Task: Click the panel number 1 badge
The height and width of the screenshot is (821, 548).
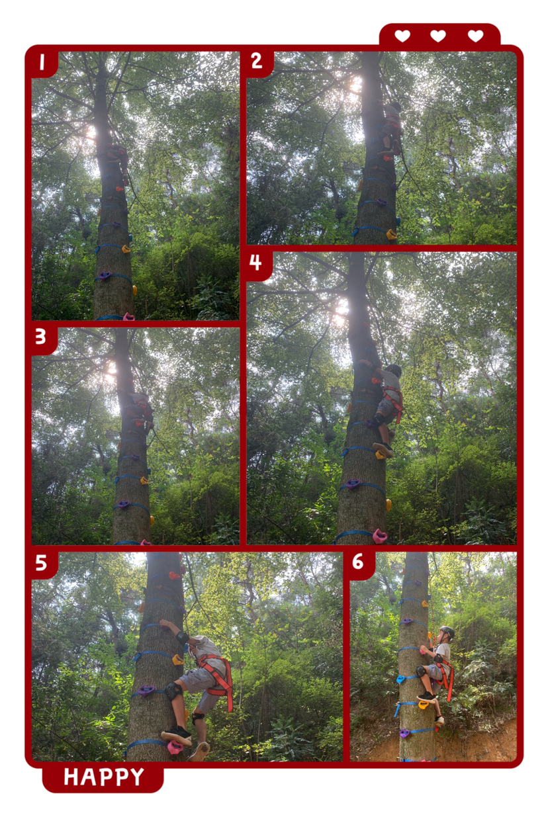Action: pos(42,62)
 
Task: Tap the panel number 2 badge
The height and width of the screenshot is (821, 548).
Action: pos(257,61)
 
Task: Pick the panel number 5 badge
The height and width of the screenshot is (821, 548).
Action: pos(41,562)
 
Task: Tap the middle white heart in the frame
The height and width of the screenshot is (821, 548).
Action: pos(438,36)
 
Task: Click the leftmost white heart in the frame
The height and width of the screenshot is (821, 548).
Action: pos(402,36)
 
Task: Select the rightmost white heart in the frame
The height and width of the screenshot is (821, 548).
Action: pos(476,36)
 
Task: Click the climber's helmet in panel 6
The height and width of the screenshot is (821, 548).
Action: pos(447,632)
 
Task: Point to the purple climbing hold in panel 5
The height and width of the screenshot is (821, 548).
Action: pos(146,691)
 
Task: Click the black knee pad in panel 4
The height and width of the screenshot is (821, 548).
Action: pos(379,419)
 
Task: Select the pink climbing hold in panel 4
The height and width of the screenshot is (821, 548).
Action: pos(380,537)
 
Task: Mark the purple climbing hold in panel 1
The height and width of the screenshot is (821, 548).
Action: pos(104,275)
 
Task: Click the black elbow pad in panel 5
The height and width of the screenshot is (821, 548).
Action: pos(182,638)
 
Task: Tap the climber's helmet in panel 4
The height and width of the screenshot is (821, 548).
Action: pos(394,370)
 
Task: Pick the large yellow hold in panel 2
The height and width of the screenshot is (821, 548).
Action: pos(391,234)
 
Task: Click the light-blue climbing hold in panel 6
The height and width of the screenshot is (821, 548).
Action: pos(401,678)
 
